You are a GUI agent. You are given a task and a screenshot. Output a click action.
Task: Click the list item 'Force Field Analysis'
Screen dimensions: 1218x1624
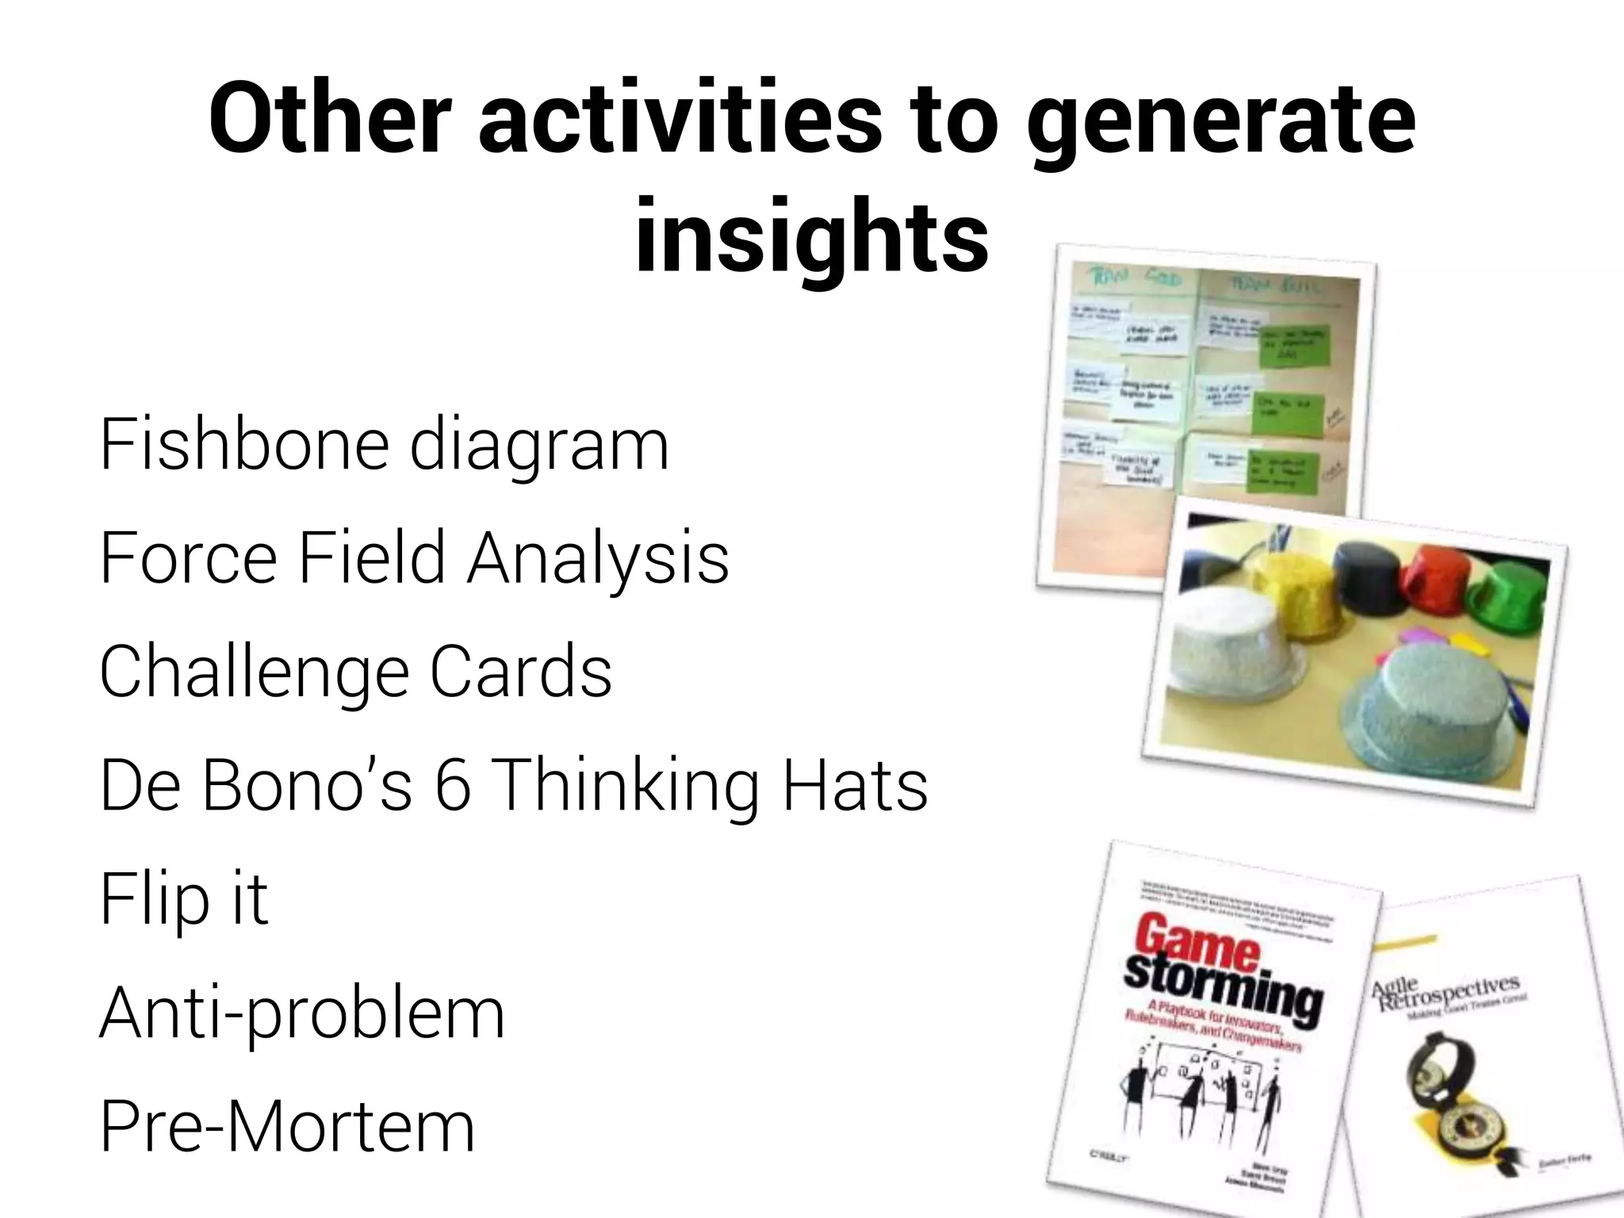(414, 558)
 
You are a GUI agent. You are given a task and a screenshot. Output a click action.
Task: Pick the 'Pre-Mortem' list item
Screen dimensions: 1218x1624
(287, 1126)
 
